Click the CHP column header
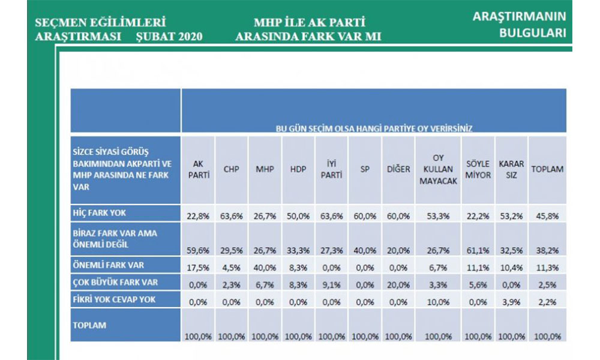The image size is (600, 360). pos(232,169)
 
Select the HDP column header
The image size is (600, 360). pos(298,169)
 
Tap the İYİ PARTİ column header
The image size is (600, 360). pos(331,169)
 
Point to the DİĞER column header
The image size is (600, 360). pos(397,169)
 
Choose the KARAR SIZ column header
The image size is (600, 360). pos(511,169)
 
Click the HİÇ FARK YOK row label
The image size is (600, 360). pos(98,212)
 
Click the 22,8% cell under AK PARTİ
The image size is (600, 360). pos(199,216)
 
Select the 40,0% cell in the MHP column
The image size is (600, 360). pos(265,267)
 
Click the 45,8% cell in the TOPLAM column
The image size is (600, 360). pos(547,216)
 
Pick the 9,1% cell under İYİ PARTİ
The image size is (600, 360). pos(331,284)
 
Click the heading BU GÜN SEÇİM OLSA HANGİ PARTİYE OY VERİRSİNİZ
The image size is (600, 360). pos(373,128)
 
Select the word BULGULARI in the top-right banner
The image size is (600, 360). pos(532,33)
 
